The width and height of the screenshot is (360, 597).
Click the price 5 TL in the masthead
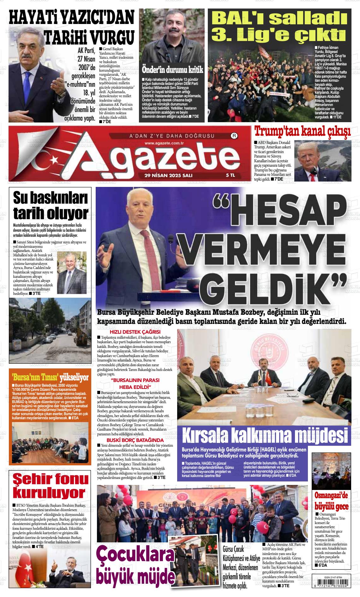click(230, 175)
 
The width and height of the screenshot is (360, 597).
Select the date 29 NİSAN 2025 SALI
click(168, 175)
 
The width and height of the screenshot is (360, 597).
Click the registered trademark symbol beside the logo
click(234, 136)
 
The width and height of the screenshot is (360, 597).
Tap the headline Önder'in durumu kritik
click(172, 69)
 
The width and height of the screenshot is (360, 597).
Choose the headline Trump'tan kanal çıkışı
click(303, 131)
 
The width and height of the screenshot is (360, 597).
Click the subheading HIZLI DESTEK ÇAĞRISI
click(135, 332)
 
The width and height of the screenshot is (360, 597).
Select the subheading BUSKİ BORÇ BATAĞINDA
click(135, 440)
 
